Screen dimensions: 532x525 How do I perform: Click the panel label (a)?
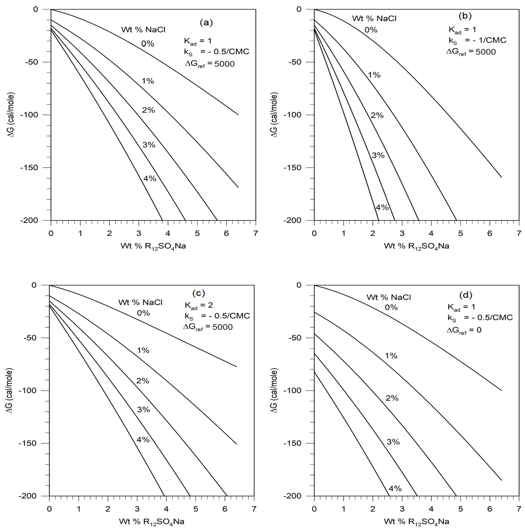(206, 23)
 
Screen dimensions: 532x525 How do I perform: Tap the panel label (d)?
(466, 295)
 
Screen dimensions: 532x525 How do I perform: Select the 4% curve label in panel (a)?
(150, 178)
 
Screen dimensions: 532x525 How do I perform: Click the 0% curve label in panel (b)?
(371, 30)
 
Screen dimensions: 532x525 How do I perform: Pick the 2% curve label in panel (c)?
(143, 381)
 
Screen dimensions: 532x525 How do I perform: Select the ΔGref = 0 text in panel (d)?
(464, 330)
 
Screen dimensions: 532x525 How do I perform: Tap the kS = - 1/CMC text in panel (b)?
(477, 40)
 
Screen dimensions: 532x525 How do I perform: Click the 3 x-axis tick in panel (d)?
(402, 509)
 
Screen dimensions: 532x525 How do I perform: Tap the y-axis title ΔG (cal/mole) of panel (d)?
(274, 390)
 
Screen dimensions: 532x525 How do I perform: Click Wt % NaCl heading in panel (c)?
(140, 302)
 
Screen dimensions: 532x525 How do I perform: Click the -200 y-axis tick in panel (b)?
(292, 220)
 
